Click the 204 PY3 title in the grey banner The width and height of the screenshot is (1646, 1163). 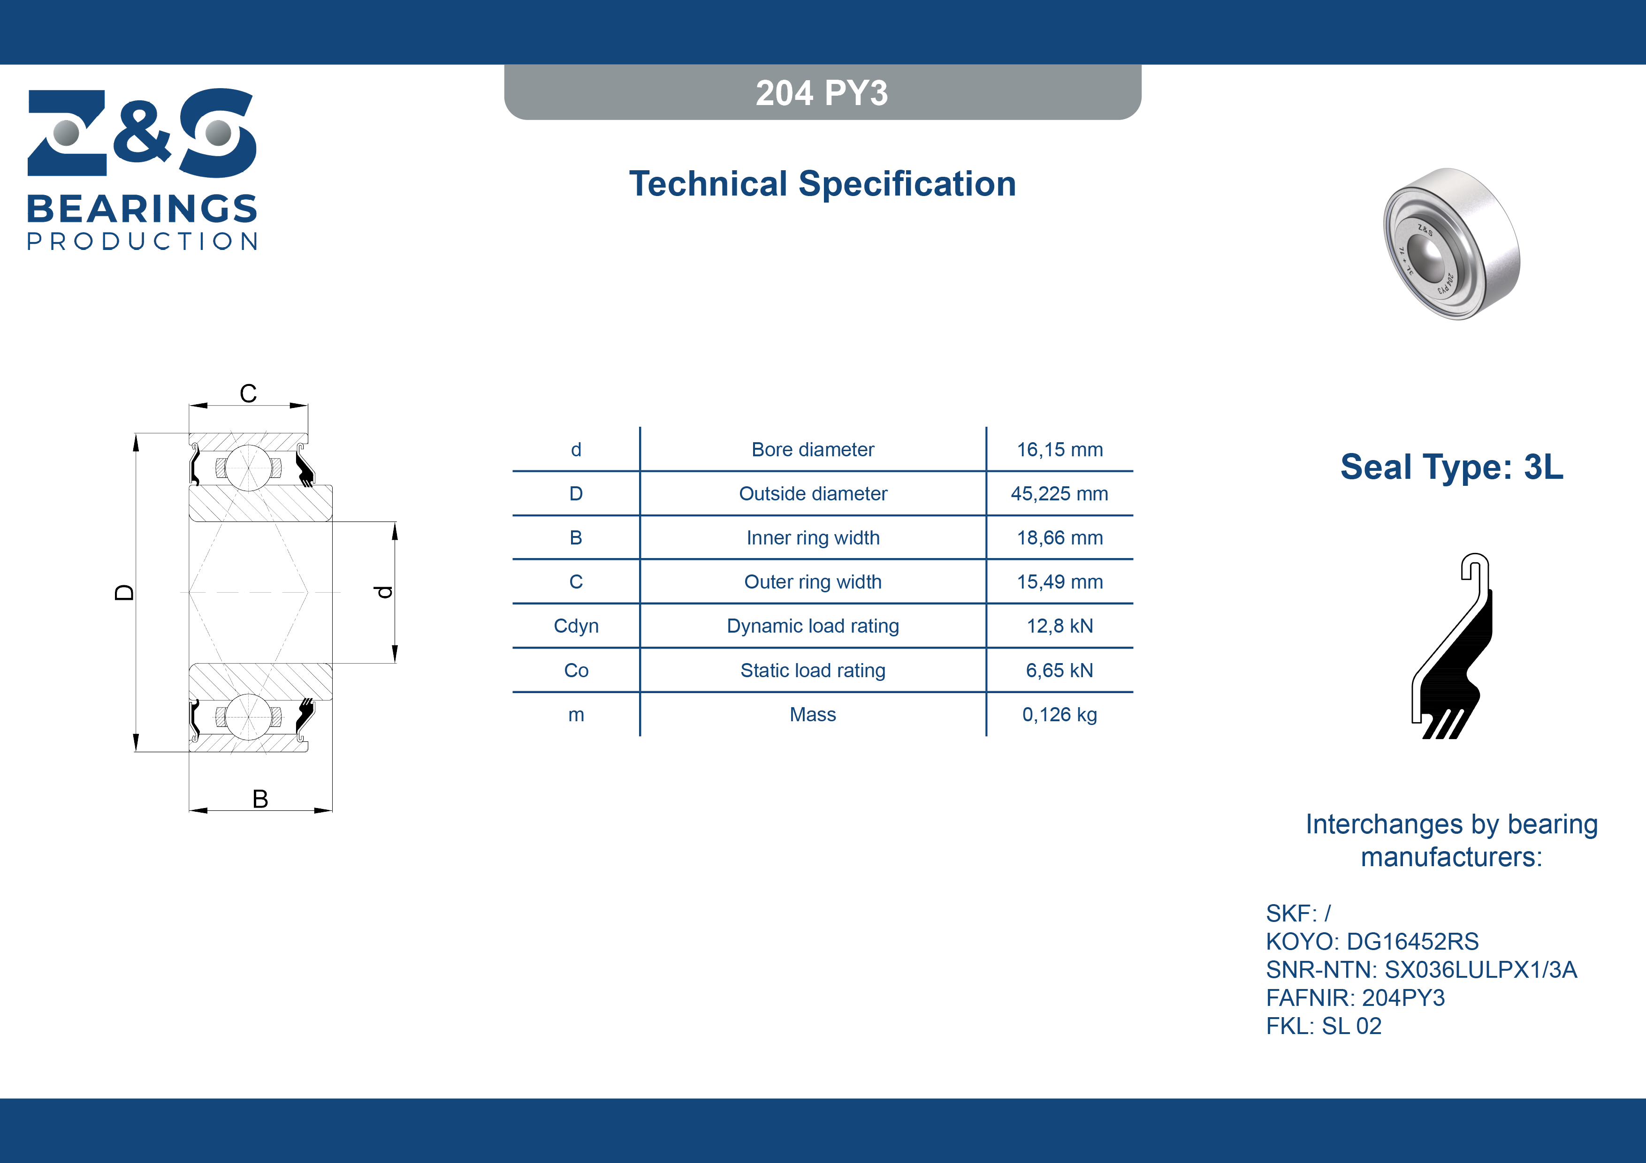coord(822,93)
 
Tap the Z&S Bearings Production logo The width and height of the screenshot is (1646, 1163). coord(142,169)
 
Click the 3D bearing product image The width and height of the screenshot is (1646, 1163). coord(1451,244)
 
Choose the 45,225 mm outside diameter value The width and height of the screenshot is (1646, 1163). coord(1059,494)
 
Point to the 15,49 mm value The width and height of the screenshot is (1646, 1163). coord(1059,582)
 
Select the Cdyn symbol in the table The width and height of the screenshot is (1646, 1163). coord(576,627)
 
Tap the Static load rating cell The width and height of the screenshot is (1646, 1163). coord(813,671)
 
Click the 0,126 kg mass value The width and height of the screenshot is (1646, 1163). coord(1059,714)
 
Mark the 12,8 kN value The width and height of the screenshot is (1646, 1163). coord(1059,627)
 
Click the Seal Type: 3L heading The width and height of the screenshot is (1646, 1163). coord(1452,467)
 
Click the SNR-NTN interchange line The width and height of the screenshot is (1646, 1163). coord(1422,969)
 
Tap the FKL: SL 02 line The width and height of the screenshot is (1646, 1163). coord(1323,1026)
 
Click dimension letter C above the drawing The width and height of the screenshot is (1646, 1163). coord(248,393)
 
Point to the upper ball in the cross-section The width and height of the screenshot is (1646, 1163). coord(248,468)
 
